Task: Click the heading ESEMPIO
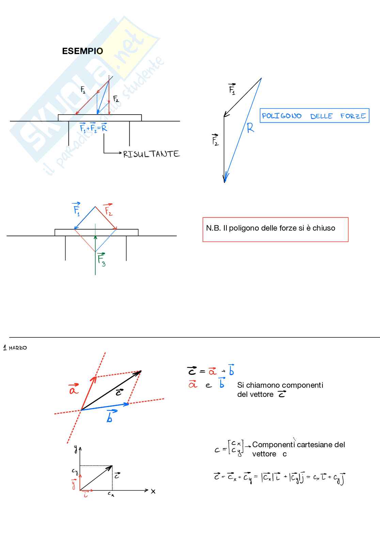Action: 82,51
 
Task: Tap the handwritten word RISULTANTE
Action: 151,154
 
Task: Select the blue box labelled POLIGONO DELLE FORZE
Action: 314,116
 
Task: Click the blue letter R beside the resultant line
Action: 250,128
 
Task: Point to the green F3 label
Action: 101,259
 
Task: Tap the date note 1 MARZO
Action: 15,348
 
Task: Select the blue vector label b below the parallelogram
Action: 110,416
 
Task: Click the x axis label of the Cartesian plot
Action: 153,491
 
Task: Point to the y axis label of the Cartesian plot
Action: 75,449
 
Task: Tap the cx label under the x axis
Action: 111,494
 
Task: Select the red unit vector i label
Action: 85,495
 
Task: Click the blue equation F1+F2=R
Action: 93,128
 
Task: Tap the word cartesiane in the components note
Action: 314,444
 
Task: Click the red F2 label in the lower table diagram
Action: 108,210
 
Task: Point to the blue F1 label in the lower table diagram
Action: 77,209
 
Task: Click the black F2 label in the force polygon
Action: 215,140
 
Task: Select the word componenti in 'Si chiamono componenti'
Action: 303,385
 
